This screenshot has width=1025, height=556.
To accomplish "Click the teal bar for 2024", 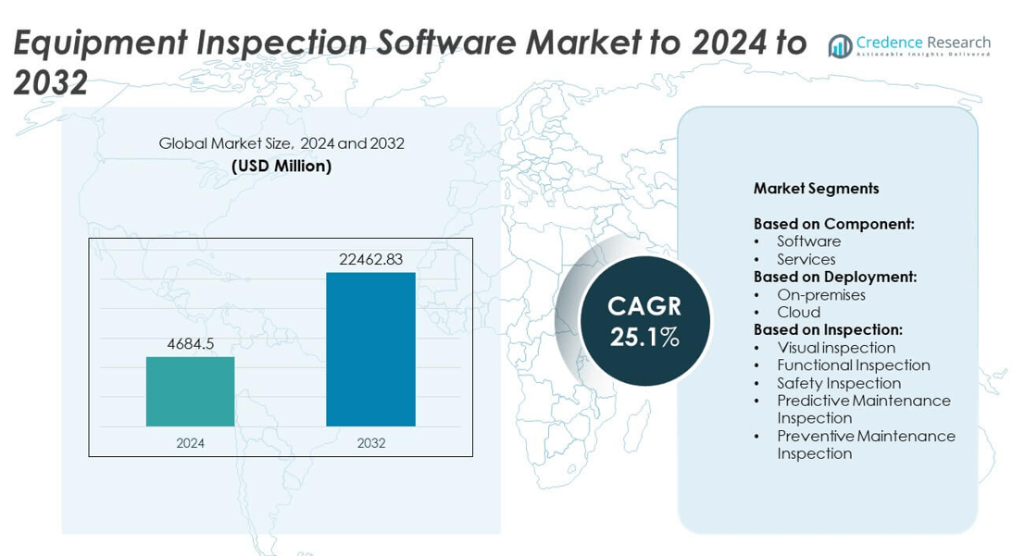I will click(190, 391).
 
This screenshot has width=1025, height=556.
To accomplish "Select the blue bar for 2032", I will click(370, 349).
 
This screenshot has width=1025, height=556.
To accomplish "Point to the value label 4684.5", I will click(191, 344).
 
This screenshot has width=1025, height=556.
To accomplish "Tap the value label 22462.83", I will click(370, 260).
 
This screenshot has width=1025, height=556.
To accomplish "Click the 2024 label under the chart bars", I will click(191, 443).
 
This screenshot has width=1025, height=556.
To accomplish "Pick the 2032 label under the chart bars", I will click(370, 443).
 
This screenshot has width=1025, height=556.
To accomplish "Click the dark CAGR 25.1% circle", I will click(644, 321).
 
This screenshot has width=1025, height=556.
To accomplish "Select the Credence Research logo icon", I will click(840, 46).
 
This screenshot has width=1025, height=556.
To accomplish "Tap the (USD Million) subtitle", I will click(281, 167).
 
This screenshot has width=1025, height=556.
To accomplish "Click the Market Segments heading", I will click(816, 189).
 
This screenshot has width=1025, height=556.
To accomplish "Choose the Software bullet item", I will click(808, 241).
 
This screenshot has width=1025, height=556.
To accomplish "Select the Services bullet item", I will click(806, 259).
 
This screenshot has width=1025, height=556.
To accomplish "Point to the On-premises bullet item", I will click(820, 295).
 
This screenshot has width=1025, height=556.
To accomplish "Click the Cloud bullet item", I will click(798, 313).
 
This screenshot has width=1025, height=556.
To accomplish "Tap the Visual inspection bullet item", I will click(835, 348).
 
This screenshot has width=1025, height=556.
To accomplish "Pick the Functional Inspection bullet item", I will click(853, 365).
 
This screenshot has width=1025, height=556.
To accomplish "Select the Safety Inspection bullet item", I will click(838, 383).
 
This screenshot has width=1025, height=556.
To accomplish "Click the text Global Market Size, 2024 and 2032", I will click(281, 144).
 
